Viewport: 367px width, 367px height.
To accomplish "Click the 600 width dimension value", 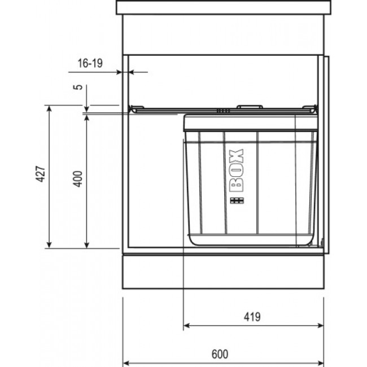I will pos(220,354).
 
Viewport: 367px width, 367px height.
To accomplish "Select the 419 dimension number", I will pos(252,316).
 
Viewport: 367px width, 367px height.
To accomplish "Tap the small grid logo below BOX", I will pos(237,202).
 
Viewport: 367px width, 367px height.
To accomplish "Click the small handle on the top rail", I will pos(249,106).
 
